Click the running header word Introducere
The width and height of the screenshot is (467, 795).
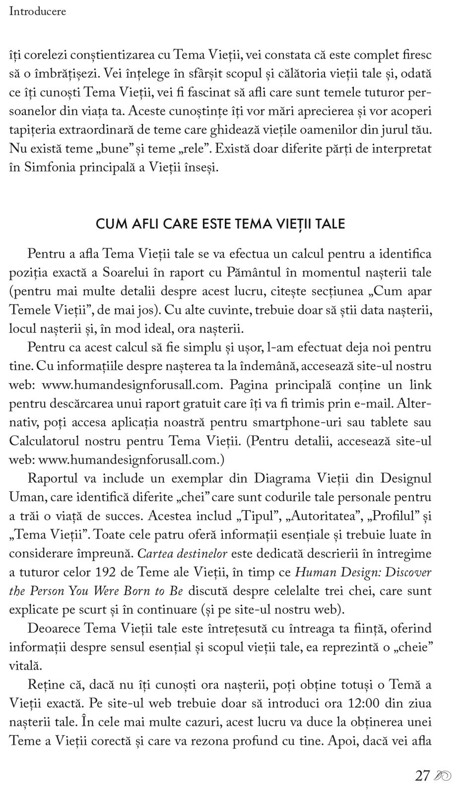tap(37, 11)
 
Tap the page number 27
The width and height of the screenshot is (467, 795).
tap(422, 776)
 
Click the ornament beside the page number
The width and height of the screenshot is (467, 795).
tap(442, 776)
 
